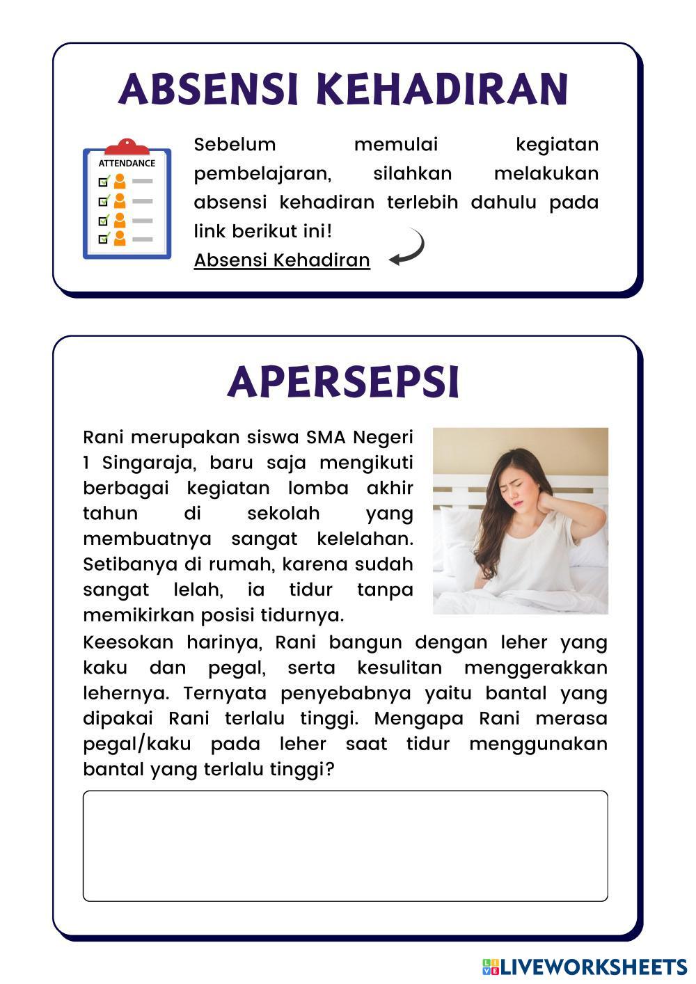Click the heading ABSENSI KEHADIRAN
coord(344,89)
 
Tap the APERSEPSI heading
coord(344,382)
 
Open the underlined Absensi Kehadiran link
coord(282,260)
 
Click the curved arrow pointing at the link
coord(409,248)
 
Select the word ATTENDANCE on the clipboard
coord(127,164)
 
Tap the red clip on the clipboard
coord(127,147)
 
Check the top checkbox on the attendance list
coord(104,182)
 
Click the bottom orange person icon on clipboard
coord(120,239)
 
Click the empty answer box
coord(345,846)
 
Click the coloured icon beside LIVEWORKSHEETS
coord(491,967)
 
